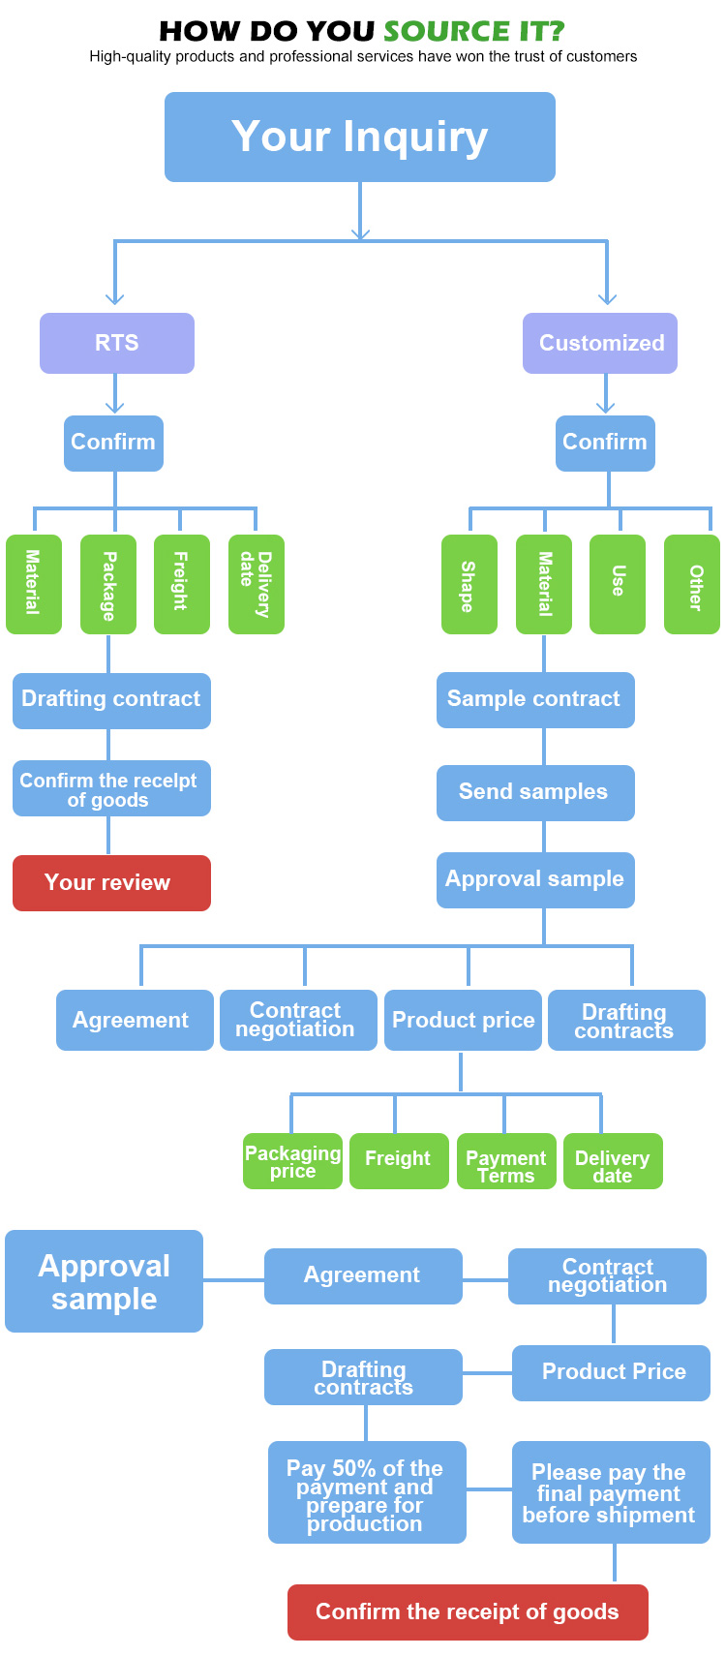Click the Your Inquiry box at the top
click(360, 137)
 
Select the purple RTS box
click(117, 343)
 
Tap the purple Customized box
click(600, 343)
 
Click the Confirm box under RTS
click(113, 443)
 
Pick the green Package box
click(108, 584)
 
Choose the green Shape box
click(469, 584)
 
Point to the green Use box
click(618, 584)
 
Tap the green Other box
click(692, 584)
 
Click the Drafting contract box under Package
click(111, 700)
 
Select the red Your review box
click(111, 882)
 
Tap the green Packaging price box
click(292, 1160)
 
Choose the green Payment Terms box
click(506, 1160)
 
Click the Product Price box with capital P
click(611, 1372)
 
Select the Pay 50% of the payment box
click(367, 1492)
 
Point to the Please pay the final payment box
click(611, 1492)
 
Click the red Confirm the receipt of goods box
click(468, 1611)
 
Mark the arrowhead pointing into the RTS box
click(115, 299)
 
